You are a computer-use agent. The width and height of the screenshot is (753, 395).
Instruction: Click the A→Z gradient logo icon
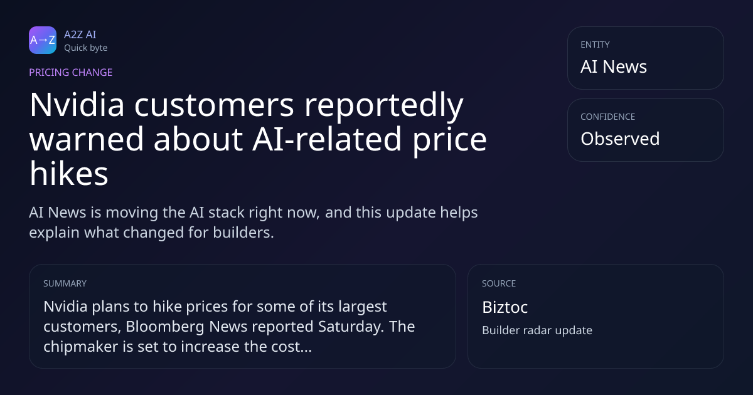[x=43, y=40]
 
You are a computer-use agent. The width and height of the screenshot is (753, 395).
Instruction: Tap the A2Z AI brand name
[x=80, y=34]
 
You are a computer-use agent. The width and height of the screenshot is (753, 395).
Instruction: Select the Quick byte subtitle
[x=86, y=48]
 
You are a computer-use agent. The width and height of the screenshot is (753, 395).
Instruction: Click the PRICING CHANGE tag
[x=70, y=72]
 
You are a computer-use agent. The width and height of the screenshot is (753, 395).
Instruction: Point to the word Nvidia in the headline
[x=77, y=105]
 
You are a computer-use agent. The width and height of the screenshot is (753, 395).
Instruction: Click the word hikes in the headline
[x=69, y=174]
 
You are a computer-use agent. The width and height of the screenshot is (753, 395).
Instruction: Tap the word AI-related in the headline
[x=327, y=139]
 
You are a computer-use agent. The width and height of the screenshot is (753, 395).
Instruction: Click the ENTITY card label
[x=595, y=45]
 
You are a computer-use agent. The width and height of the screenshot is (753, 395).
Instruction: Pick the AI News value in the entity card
[x=614, y=66]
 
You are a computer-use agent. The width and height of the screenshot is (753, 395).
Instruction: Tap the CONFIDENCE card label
[x=608, y=117]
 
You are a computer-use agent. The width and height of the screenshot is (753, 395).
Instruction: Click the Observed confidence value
[x=620, y=139]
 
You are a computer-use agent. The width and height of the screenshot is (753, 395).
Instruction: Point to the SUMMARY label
[x=65, y=283]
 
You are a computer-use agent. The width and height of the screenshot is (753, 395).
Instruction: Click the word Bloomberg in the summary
[x=164, y=327]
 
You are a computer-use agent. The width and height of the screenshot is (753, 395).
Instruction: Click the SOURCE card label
[x=499, y=283]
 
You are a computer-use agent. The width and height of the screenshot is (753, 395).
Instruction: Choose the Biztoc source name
[x=505, y=307]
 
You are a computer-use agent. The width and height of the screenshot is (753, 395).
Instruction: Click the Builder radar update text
[x=537, y=330]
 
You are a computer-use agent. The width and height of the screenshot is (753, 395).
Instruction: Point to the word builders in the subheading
[x=243, y=233]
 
